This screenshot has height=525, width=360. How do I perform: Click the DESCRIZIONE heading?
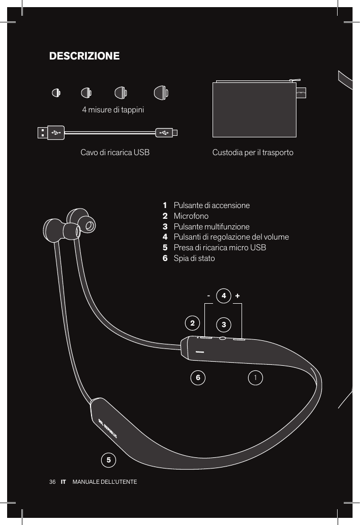click(84, 55)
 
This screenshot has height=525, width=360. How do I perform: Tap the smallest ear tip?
click(56, 93)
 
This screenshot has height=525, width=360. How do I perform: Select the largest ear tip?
click(161, 93)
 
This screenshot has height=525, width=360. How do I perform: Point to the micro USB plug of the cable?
click(166, 132)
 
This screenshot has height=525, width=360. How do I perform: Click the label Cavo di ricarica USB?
click(115, 153)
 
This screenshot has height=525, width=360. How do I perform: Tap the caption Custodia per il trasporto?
click(253, 153)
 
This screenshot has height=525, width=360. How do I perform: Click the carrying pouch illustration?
click(254, 109)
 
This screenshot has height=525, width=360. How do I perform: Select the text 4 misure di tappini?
click(113, 110)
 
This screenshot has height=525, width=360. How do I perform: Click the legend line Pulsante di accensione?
click(212, 206)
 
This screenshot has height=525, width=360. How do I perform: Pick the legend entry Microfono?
click(191, 216)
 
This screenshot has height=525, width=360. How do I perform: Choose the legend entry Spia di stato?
click(194, 258)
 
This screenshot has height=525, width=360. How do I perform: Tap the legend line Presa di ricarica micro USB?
click(220, 248)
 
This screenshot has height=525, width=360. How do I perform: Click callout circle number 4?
click(223, 296)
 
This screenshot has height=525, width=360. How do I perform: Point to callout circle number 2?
click(192, 323)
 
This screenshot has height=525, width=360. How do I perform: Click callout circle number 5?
click(108, 460)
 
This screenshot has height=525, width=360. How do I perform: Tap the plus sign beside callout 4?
click(237, 296)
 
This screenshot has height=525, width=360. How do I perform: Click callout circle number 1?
click(256, 377)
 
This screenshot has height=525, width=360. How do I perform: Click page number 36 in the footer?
click(52, 481)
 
